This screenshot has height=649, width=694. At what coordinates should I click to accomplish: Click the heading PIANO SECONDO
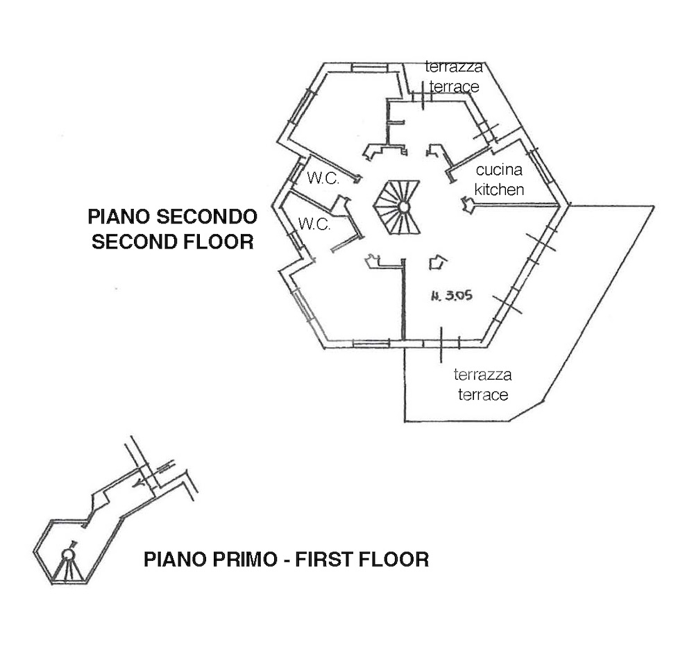(x=173, y=217)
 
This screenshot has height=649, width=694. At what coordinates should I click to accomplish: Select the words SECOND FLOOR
(x=173, y=242)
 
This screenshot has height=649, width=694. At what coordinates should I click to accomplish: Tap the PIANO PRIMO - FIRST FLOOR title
(x=287, y=559)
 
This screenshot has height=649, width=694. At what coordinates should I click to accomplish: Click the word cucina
(x=499, y=169)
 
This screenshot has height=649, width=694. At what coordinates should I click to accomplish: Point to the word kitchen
(x=499, y=189)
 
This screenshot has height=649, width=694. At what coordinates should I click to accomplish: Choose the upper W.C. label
(x=323, y=178)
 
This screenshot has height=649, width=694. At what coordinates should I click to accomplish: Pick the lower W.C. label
(x=314, y=224)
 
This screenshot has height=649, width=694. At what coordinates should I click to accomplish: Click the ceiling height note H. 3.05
(x=452, y=295)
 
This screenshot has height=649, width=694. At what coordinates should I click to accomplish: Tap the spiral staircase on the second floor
(x=397, y=207)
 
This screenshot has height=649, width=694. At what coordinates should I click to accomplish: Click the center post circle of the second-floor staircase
(x=404, y=207)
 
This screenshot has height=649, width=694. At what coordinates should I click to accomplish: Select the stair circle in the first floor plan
(x=68, y=555)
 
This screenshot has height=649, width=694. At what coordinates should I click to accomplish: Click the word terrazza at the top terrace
(x=454, y=67)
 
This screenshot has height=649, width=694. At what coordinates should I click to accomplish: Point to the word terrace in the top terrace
(x=454, y=87)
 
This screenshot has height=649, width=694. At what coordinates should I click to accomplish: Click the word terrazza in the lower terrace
(x=482, y=375)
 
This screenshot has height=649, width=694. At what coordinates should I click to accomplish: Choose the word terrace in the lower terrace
(x=483, y=395)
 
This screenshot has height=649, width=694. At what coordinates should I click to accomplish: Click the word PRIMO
(x=244, y=559)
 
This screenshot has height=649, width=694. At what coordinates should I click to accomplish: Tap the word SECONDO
(x=207, y=217)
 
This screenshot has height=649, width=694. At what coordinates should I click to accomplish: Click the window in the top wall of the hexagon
(x=370, y=68)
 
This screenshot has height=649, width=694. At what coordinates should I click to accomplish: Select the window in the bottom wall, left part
(x=371, y=344)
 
